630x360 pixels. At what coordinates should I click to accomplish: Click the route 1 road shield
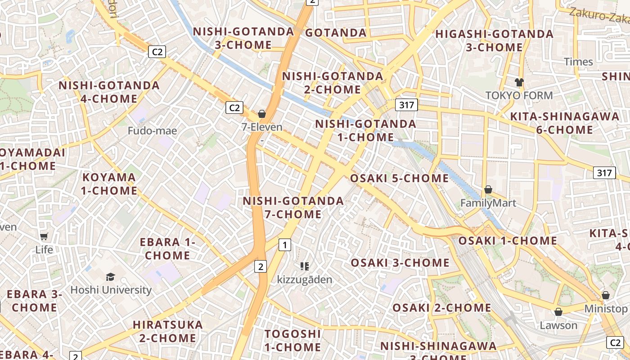[x=284, y=245]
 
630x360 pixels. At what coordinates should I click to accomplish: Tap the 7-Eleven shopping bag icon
[x=262, y=114]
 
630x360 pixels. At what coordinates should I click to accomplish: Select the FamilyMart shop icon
[x=488, y=190]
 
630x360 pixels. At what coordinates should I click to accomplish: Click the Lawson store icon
[x=558, y=312]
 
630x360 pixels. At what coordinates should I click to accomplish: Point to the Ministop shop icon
[x=606, y=296]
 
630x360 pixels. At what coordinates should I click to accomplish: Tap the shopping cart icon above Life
[x=44, y=236]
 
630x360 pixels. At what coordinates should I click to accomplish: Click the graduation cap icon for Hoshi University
[x=110, y=276]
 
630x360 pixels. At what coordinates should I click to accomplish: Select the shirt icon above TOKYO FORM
[x=519, y=82]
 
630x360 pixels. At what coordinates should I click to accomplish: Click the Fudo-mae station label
[x=153, y=131]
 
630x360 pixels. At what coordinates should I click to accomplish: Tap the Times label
[x=578, y=62]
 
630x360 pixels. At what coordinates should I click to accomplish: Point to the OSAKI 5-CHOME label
[x=400, y=178]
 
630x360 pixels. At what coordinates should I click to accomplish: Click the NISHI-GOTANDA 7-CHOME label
[x=293, y=207]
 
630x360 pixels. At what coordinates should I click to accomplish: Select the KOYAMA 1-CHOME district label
[x=109, y=184]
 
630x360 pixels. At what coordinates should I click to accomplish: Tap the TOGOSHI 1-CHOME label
[x=293, y=341]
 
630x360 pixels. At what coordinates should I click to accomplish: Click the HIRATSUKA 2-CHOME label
[x=168, y=331]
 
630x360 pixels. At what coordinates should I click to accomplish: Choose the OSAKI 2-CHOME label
[x=442, y=308]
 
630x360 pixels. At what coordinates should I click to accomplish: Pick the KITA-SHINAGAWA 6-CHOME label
[x=565, y=123]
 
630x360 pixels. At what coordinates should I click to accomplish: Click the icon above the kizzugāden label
[x=305, y=266]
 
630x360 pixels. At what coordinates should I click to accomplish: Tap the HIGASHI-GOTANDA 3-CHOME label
[x=494, y=40]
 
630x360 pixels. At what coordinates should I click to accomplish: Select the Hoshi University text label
[x=111, y=290]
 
